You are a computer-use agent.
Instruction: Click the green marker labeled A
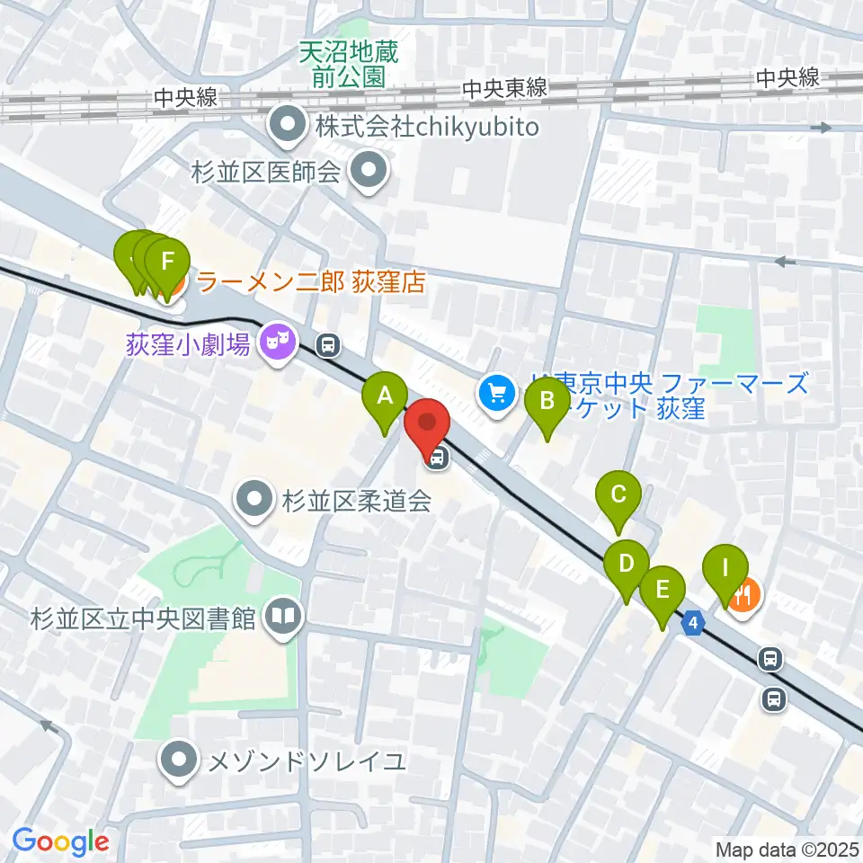(385, 396)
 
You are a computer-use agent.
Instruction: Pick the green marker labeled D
(627, 565)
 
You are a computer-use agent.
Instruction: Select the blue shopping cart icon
(495, 392)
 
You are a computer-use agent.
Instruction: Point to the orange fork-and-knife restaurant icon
(743, 594)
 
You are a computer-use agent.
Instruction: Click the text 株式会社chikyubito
(426, 127)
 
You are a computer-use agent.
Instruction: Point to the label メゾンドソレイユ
(307, 763)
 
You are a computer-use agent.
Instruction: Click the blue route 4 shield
(694, 621)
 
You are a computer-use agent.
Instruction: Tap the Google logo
(60, 842)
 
